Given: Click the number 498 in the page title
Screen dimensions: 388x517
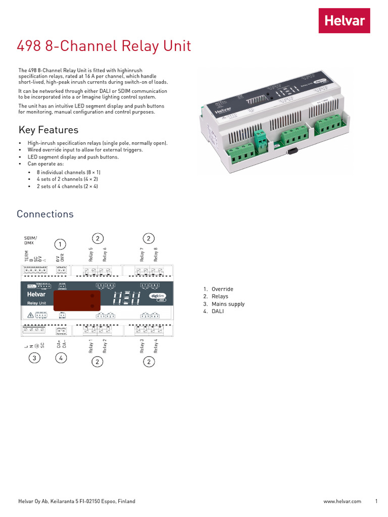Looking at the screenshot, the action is click(28, 46).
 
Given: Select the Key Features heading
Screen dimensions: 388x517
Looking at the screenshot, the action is click(48, 130).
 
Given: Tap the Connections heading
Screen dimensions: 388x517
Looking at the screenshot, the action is click(45, 214).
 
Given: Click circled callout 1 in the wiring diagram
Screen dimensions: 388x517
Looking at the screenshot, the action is click(60, 245).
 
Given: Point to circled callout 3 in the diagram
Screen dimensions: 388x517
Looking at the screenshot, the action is click(34, 358).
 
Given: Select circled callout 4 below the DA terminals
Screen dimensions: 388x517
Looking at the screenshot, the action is click(60, 358).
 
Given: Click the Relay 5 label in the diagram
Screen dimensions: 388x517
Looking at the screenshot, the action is click(91, 254).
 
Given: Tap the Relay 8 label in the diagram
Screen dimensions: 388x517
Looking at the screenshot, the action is click(156, 254).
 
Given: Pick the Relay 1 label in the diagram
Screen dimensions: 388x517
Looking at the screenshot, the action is click(91, 346).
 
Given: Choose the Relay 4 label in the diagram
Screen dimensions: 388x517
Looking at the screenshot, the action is click(156, 346).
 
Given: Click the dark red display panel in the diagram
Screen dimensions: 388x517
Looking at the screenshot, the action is click(77, 300).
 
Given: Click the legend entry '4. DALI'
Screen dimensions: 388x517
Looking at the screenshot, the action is click(214, 312).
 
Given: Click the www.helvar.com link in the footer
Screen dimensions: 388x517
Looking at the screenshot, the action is click(342, 501).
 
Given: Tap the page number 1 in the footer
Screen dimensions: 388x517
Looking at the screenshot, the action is click(376, 501).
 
